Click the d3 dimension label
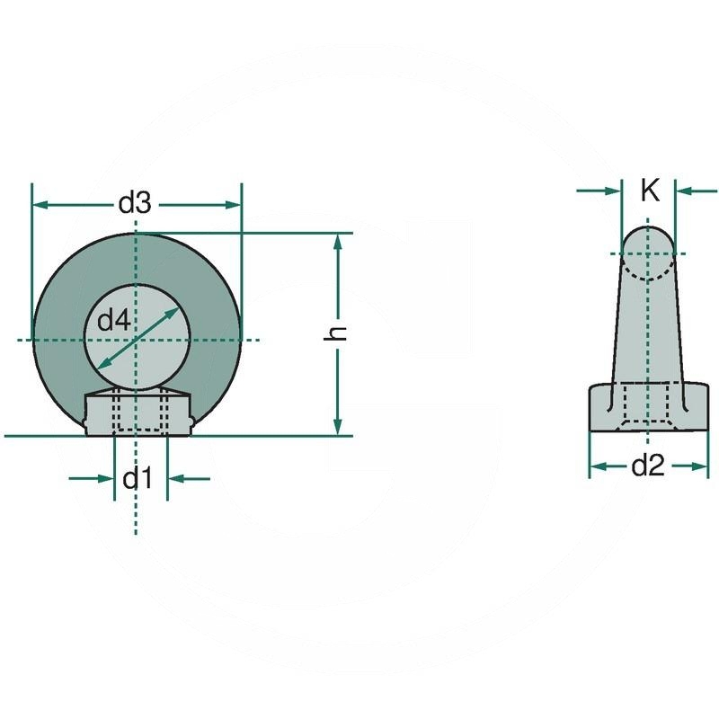coord(135,204)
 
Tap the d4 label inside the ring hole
coord(113,320)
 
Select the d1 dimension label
coord(137,479)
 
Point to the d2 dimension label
coord(647,466)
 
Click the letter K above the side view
coord(650,190)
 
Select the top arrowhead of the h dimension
coord(338,242)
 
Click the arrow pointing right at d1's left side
coord(105,478)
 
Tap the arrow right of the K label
coord(685,191)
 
